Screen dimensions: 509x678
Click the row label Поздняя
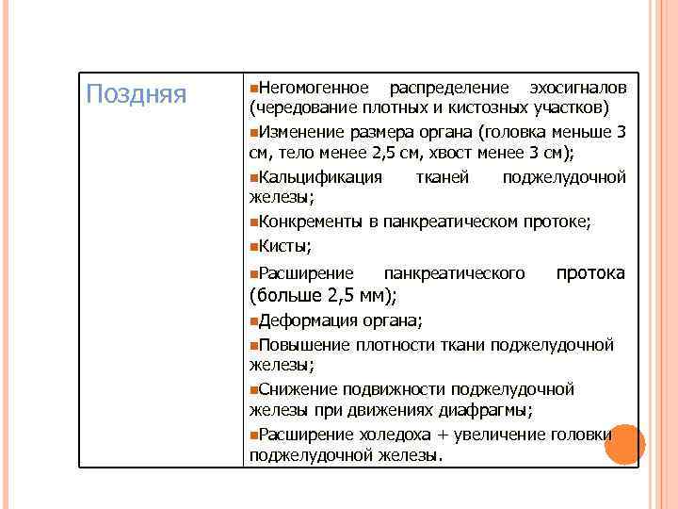[137, 93]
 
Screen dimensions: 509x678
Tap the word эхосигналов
[577, 88]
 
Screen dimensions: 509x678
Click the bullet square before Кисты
[253, 245]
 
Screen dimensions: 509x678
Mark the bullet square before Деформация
[253, 320]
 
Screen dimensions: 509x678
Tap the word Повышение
[303, 344]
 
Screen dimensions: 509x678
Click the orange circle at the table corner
[624, 444]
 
